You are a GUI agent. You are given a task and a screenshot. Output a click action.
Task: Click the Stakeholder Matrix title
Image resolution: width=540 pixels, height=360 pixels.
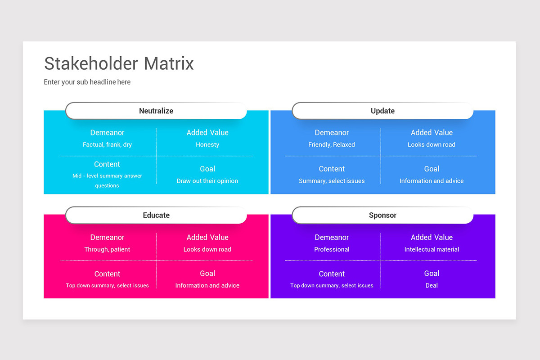[119, 63]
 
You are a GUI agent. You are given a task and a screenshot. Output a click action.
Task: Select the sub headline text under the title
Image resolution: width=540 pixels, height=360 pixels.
[87, 82]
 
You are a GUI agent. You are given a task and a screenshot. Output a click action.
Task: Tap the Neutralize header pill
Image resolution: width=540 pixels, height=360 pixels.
[156, 111]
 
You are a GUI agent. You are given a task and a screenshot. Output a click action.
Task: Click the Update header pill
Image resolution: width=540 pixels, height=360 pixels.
[382, 111]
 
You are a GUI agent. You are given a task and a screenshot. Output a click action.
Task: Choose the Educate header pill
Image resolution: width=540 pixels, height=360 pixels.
[156, 215]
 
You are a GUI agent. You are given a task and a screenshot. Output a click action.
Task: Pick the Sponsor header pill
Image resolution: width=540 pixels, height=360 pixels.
[382, 215]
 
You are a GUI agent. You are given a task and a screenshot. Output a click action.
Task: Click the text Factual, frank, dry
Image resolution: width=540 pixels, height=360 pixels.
[107, 144]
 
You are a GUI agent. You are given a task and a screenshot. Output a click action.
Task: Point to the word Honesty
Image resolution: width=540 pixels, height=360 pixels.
[207, 144]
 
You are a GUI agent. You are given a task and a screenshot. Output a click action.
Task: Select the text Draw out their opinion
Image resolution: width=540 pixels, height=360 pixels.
[207, 181]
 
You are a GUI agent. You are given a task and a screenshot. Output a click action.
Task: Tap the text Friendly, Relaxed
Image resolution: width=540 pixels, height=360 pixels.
[332, 144]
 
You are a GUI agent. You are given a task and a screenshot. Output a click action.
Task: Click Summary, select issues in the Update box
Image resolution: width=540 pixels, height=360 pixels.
[332, 181]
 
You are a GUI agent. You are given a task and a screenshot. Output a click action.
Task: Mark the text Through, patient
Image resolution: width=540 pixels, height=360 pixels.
[107, 249]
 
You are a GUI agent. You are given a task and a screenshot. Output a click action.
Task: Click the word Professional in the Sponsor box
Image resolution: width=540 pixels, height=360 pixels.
[332, 249]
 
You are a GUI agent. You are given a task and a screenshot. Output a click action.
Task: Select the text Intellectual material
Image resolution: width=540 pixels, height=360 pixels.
[432, 249]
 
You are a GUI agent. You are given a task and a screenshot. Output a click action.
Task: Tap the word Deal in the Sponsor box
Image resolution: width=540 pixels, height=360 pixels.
[432, 285]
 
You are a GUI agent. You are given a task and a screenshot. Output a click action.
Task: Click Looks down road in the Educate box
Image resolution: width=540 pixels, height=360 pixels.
[207, 249]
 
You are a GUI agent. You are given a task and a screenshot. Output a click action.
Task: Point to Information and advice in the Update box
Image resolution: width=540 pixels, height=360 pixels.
[432, 181]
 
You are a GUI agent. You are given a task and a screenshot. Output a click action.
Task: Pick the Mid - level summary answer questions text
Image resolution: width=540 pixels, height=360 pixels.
[107, 180]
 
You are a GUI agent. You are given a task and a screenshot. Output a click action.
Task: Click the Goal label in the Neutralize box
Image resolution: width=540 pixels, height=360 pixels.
[207, 169]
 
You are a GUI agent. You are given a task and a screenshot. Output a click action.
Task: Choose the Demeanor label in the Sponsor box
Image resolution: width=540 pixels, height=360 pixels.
[332, 237]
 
